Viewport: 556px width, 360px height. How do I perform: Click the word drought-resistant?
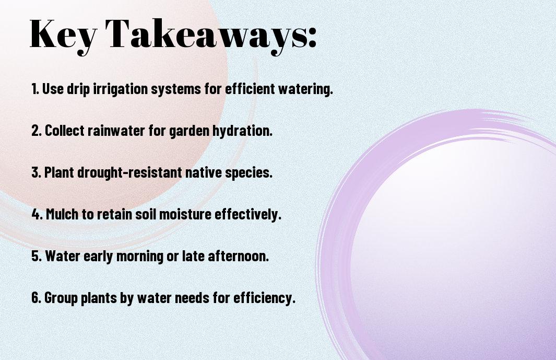click(x=129, y=172)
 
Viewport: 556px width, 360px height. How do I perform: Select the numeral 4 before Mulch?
click(x=36, y=214)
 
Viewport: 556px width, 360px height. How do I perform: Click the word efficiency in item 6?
click(x=264, y=297)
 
